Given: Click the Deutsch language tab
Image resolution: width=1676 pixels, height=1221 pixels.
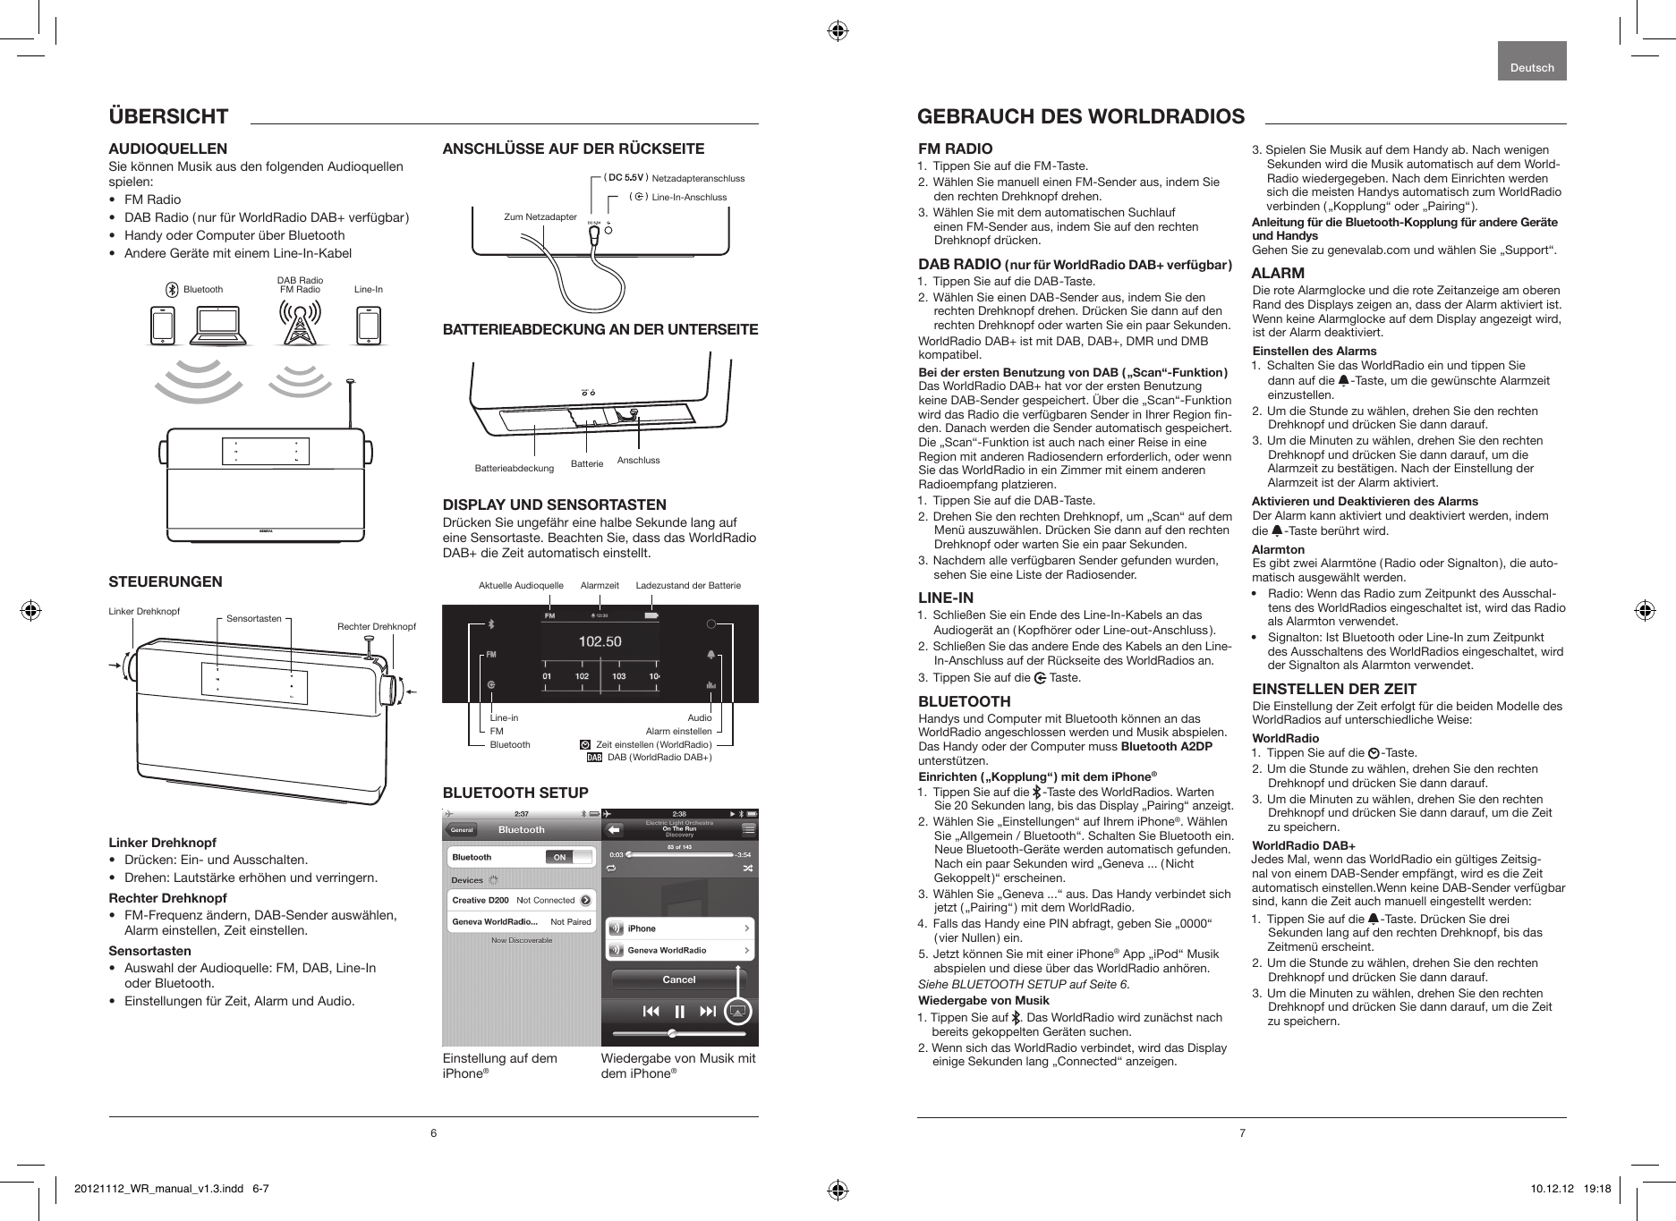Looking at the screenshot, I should coord(1532,68).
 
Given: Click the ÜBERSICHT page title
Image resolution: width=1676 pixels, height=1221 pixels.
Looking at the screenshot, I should coord(168,116).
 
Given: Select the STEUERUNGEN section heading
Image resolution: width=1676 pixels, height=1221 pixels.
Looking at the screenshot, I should coord(166,582).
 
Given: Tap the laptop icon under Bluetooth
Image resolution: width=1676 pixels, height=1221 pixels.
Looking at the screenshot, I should coord(220,326).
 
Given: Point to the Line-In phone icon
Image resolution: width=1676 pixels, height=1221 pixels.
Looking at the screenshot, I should coord(368,326).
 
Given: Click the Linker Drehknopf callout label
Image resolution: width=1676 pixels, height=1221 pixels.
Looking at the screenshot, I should coord(144,612).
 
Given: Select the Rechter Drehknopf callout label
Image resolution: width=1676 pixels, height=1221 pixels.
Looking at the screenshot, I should coord(376,626).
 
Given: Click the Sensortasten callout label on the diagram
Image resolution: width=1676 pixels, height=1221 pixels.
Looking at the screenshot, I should coord(253,618).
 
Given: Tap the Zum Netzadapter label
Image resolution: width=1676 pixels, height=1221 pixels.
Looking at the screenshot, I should coord(540,216).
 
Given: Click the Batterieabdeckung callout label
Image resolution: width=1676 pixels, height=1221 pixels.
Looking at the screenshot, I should coord(514,468).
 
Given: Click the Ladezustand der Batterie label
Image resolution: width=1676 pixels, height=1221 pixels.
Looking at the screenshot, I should coord(688,585).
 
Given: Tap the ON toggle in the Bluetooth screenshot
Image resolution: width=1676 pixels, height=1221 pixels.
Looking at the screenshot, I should coord(560,857).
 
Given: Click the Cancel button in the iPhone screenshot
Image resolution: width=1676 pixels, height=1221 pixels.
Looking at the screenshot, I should coord(678,979).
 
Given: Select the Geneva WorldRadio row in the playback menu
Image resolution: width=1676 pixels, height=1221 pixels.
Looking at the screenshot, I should coord(679,950).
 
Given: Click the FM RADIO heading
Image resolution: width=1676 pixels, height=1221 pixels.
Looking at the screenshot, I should coord(956,148).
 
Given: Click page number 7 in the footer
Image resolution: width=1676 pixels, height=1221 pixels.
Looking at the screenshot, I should coord(1242,1134).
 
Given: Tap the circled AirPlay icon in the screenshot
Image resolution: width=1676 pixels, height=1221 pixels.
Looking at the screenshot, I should coord(737,1011).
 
